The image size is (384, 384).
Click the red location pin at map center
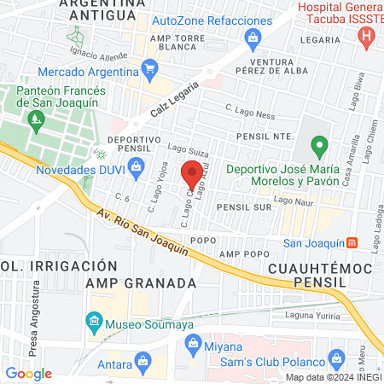pos(192,174)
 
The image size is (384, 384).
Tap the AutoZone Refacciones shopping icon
pos(253,38)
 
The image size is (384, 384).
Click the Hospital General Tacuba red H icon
pos(367,37)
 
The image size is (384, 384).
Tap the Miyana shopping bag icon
pos(192,346)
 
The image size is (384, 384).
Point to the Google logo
pos(28,374)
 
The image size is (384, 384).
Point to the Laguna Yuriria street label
pos(326,314)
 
